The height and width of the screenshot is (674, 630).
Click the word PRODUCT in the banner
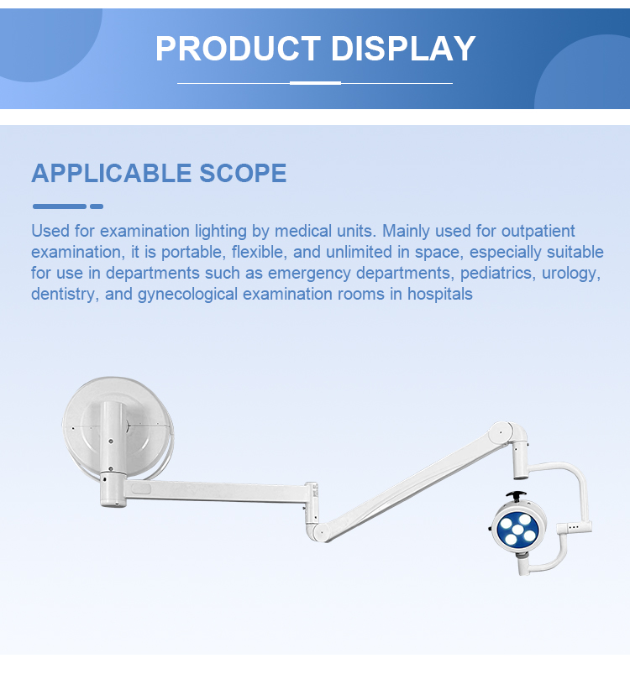click(238, 49)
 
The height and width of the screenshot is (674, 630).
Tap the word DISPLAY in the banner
click(403, 49)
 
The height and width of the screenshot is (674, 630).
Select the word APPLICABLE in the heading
click(111, 173)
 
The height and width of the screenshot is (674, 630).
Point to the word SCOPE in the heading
click(243, 173)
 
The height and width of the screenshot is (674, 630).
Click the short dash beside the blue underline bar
click(97, 206)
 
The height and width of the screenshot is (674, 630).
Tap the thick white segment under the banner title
click(315, 83)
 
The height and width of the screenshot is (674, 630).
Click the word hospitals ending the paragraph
click(440, 294)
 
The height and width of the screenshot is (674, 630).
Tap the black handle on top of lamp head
click(516, 495)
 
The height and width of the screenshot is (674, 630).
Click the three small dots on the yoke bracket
click(574, 527)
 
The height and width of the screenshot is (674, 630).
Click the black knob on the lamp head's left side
click(491, 529)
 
